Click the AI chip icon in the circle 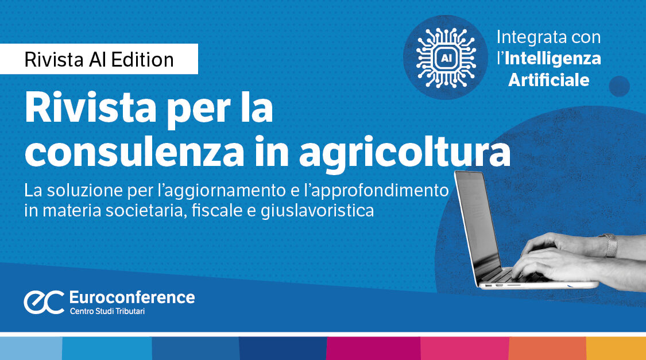[445, 57]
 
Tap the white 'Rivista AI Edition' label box [99, 60]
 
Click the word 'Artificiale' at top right [549, 79]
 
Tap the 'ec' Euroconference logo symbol [43, 302]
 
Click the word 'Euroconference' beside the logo [131, 297]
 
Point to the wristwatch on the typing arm [610, 245]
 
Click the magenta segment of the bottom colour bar [373, 349]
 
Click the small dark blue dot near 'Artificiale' [619, 86]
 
